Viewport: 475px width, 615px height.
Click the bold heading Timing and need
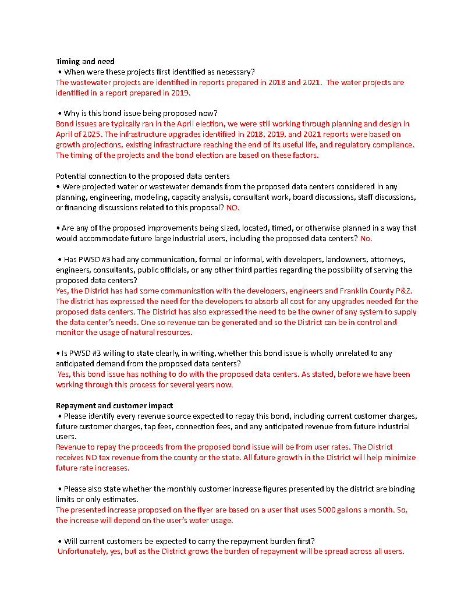click(x=85, y=61)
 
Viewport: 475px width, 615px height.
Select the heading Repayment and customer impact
click(x=114, y=405)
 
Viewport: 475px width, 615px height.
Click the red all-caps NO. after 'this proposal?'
click(x=232, y=208)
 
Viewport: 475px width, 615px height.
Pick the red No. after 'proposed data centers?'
click(x=366, y=239)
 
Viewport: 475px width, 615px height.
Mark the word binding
click(x=401, y=489)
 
